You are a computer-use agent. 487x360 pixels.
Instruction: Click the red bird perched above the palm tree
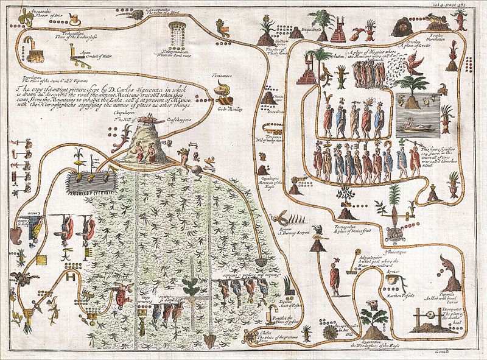(x=415, y=63)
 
